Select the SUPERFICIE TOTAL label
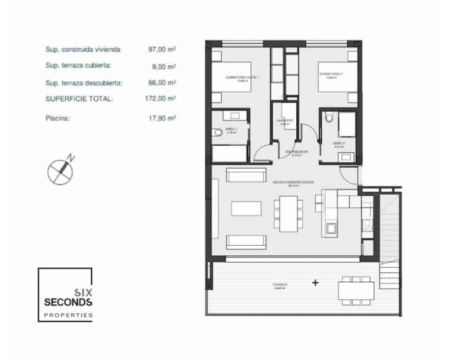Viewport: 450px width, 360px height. click(x=79, y=98)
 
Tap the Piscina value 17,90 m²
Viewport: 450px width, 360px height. click(x=162, y=119)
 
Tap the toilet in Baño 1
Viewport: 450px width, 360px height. click(x=218, y=133)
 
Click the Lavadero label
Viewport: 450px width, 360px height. click(x=285, y=121)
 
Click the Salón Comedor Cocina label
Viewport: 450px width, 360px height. click(x=293, y=183)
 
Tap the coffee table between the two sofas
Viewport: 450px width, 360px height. click(x=247, y=209)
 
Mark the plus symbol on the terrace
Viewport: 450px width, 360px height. click(x=315, y=283)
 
